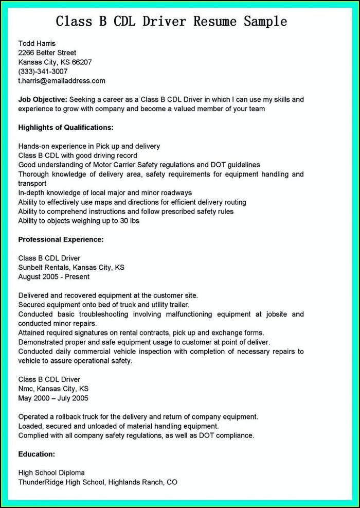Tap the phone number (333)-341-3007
coord(43,72)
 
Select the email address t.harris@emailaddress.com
coord(62,81)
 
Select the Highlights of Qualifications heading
coord(66,127)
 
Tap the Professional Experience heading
coord(61,239)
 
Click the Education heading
coord(37,454)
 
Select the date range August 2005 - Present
coord(54,277)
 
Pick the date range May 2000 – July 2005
coord(53,398)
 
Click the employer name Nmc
coord(25,389)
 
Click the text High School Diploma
coord(51,473)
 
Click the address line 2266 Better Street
coord(47,52)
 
